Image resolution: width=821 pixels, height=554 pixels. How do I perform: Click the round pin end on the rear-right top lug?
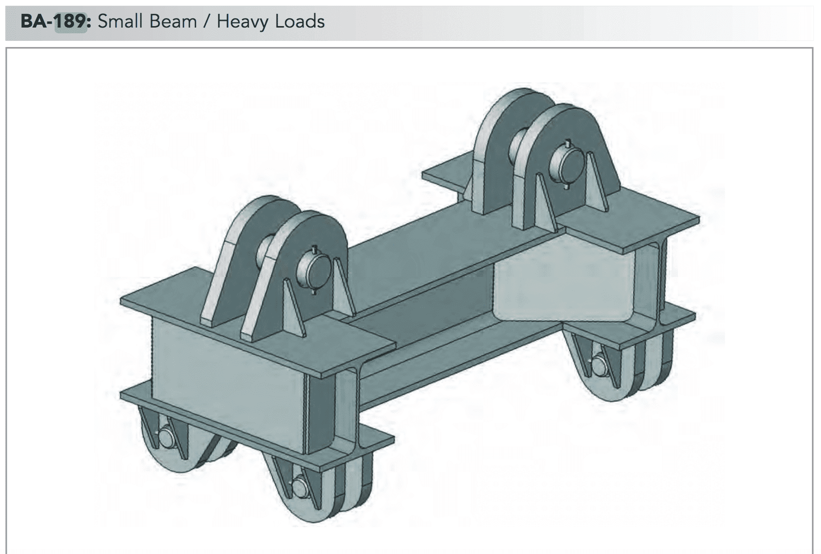[x=566, y=164]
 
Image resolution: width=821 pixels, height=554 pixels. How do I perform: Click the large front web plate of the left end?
[x=228, y=380]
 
